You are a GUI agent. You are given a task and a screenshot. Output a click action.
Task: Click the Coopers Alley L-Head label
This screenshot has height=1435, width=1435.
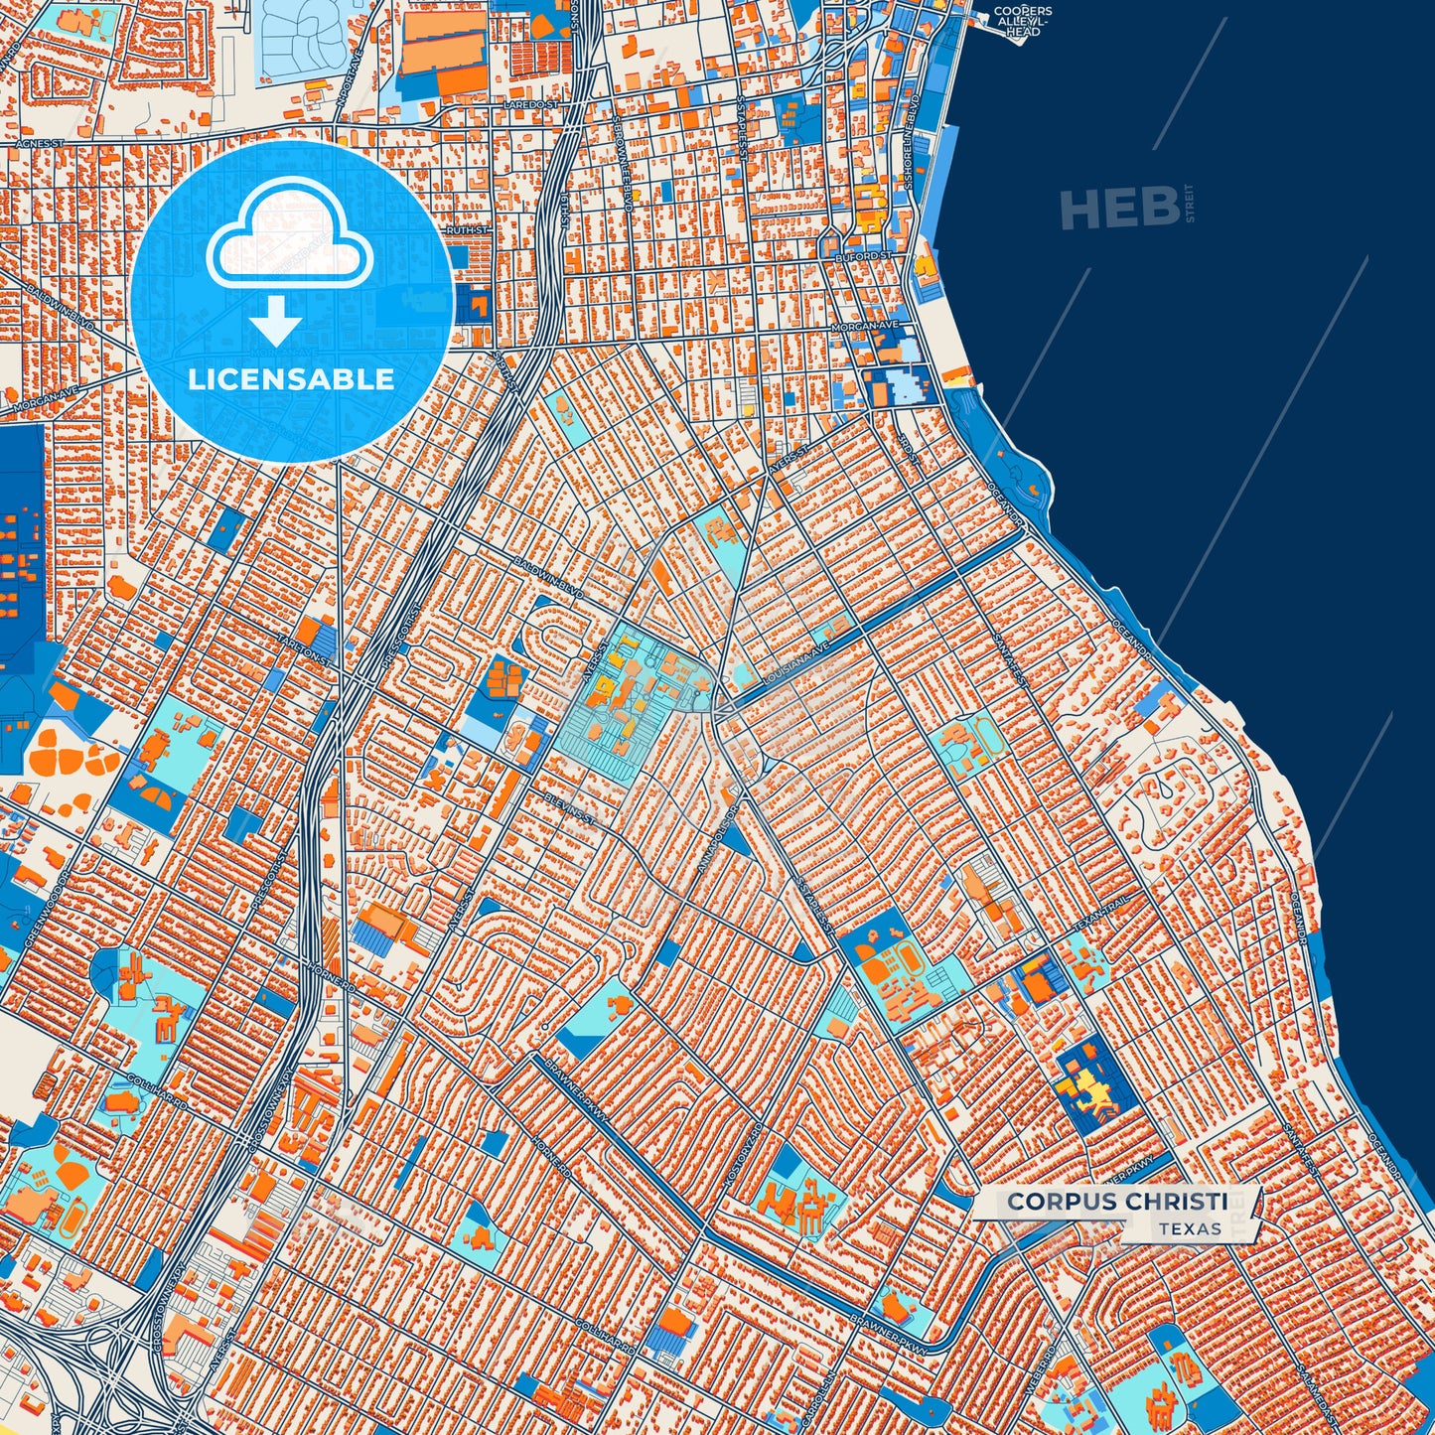tap(1022, 22)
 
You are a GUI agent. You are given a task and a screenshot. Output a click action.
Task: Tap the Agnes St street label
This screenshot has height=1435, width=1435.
tap(40, 144)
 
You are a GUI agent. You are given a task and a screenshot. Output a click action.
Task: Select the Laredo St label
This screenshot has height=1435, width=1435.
tap(531, 103)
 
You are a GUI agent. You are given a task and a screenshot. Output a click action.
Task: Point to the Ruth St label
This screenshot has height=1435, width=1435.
tap(467, 230)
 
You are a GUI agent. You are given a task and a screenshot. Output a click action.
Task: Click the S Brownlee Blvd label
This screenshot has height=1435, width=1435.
tap(622, 161)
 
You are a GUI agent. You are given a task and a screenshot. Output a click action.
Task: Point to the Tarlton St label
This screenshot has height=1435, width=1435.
tap(303, 648)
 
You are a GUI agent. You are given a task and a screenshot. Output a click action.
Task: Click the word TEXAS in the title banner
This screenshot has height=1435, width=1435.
tap(1190, 1228)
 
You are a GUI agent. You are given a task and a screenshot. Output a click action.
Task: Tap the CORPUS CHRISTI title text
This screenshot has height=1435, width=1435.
tap(1117, 1202)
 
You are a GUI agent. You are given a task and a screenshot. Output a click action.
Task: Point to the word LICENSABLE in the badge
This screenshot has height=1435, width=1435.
tap(290, 379)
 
